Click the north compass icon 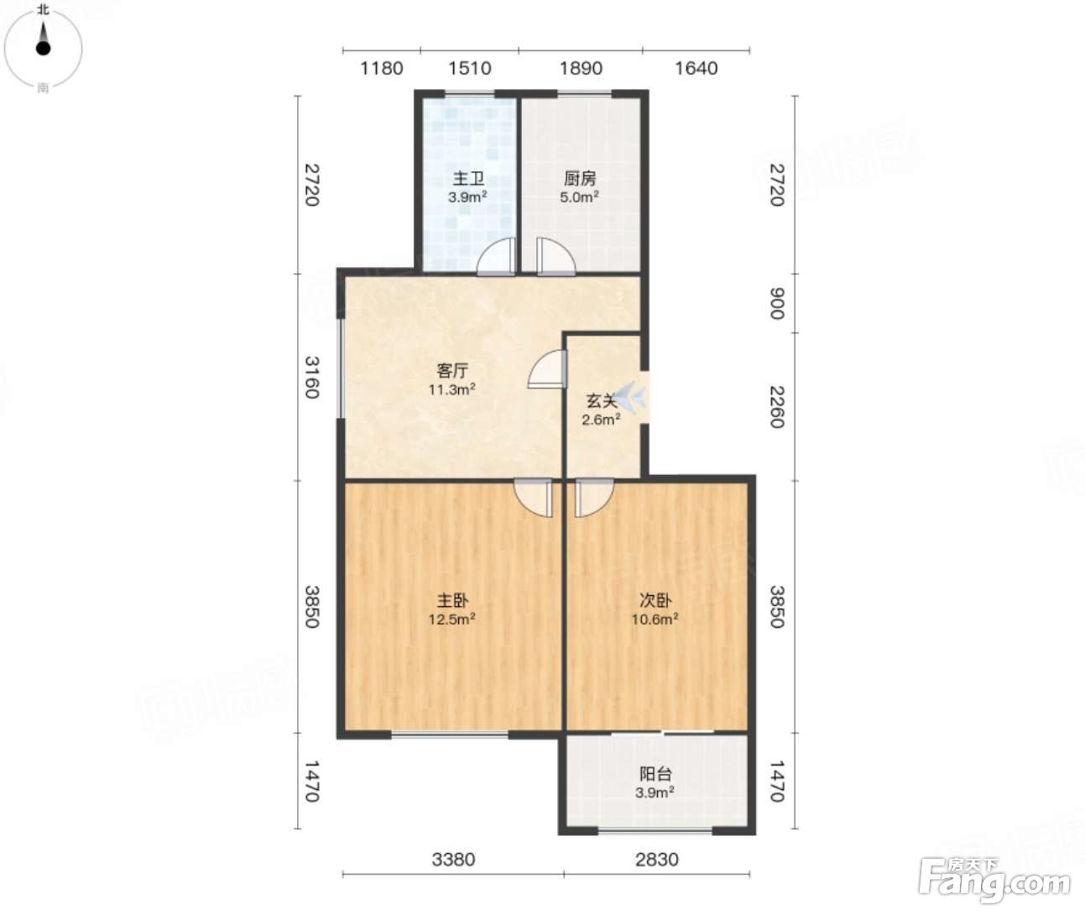(43, 49)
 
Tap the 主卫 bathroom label (469, 179)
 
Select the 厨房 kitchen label (580, 179)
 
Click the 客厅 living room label (452, 371)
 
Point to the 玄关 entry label (602, 400)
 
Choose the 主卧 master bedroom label (452, 600)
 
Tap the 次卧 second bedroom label (655, 600)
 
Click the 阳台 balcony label (655, 774)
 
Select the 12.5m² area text (452, 620)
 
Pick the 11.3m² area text (452, 390)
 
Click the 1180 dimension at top (382, 68)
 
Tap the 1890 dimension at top (581, 68)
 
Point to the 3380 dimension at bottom (453, 860)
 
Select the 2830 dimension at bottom (657, 860)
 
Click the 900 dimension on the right (777, 303)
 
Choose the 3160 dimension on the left (311, 377)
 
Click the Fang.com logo (994, 881)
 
